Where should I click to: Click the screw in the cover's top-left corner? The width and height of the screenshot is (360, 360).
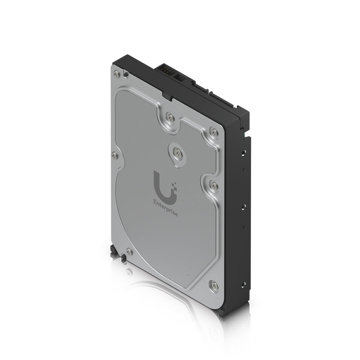click(x=117, y=73)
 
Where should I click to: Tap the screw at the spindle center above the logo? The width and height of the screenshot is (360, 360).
click(x=179, y=153)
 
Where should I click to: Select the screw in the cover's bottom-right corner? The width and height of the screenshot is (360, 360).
click(x=214, y=285)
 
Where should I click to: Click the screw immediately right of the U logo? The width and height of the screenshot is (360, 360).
click(x=214, y=185)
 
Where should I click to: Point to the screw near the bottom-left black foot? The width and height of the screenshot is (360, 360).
click(x=129, y=252)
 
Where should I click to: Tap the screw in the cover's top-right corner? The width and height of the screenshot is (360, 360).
click(x=214, y=132)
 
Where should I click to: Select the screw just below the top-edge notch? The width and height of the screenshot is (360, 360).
click(x=170, y=118)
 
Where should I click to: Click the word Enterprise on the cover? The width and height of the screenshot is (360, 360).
click(x=166, y=208)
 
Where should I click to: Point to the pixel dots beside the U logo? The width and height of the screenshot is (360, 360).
click(x=175, y=184)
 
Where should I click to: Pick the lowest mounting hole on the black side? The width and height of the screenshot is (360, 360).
click(x=243, y=284)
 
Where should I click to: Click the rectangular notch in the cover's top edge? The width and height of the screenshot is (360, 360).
click(x=166, y=96)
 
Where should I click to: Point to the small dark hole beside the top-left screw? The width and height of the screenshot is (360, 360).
click(x=126, y=75)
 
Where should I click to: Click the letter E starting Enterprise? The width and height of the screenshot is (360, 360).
click(x=155, y=202)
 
